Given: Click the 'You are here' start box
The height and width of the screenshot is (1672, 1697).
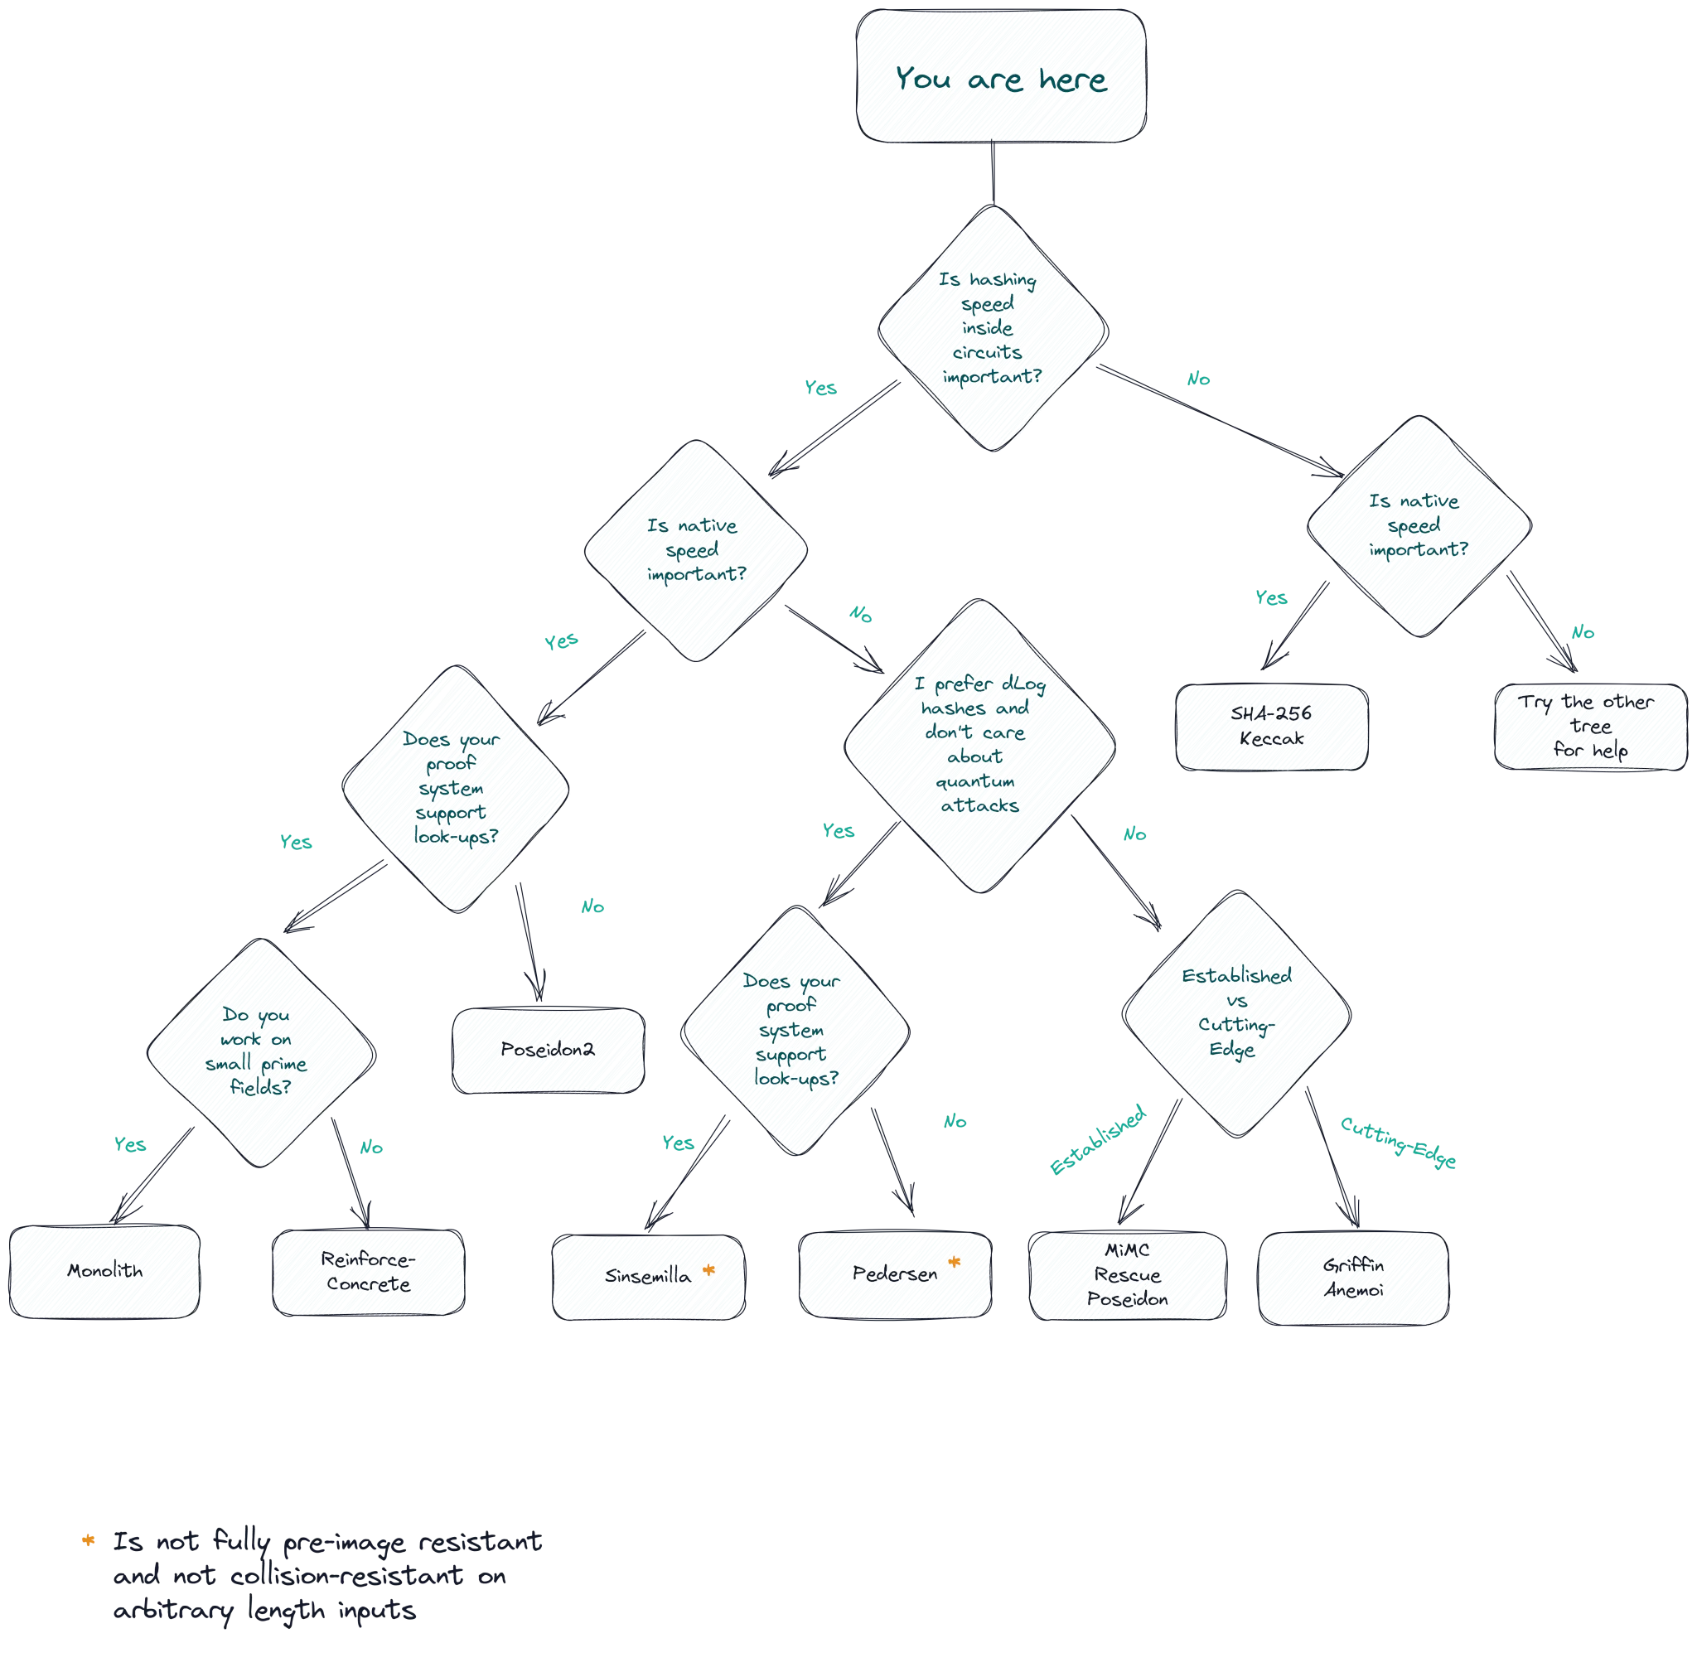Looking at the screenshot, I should pos(1001,77).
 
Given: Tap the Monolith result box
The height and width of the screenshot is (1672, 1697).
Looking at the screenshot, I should pos(104,1271).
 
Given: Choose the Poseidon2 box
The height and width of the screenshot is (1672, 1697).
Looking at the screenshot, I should pos(547,1051).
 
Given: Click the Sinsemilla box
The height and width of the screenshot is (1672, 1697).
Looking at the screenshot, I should pos(647,1277).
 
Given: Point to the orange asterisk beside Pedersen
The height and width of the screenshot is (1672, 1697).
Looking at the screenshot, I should pos(955,1264).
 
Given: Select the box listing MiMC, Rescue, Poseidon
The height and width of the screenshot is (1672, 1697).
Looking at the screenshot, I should pos(1127,1275).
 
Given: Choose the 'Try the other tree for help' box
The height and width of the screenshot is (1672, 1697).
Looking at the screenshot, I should pos(1590,727).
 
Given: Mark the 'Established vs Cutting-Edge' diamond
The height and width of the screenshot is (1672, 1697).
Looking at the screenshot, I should pos(1235,1013).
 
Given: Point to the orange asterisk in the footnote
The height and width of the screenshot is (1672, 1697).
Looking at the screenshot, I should pos(89,1540).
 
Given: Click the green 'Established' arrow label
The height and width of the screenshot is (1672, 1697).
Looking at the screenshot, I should pos(1098,1141).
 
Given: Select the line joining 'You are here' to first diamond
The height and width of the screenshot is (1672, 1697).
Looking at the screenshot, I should pos(994,176).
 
